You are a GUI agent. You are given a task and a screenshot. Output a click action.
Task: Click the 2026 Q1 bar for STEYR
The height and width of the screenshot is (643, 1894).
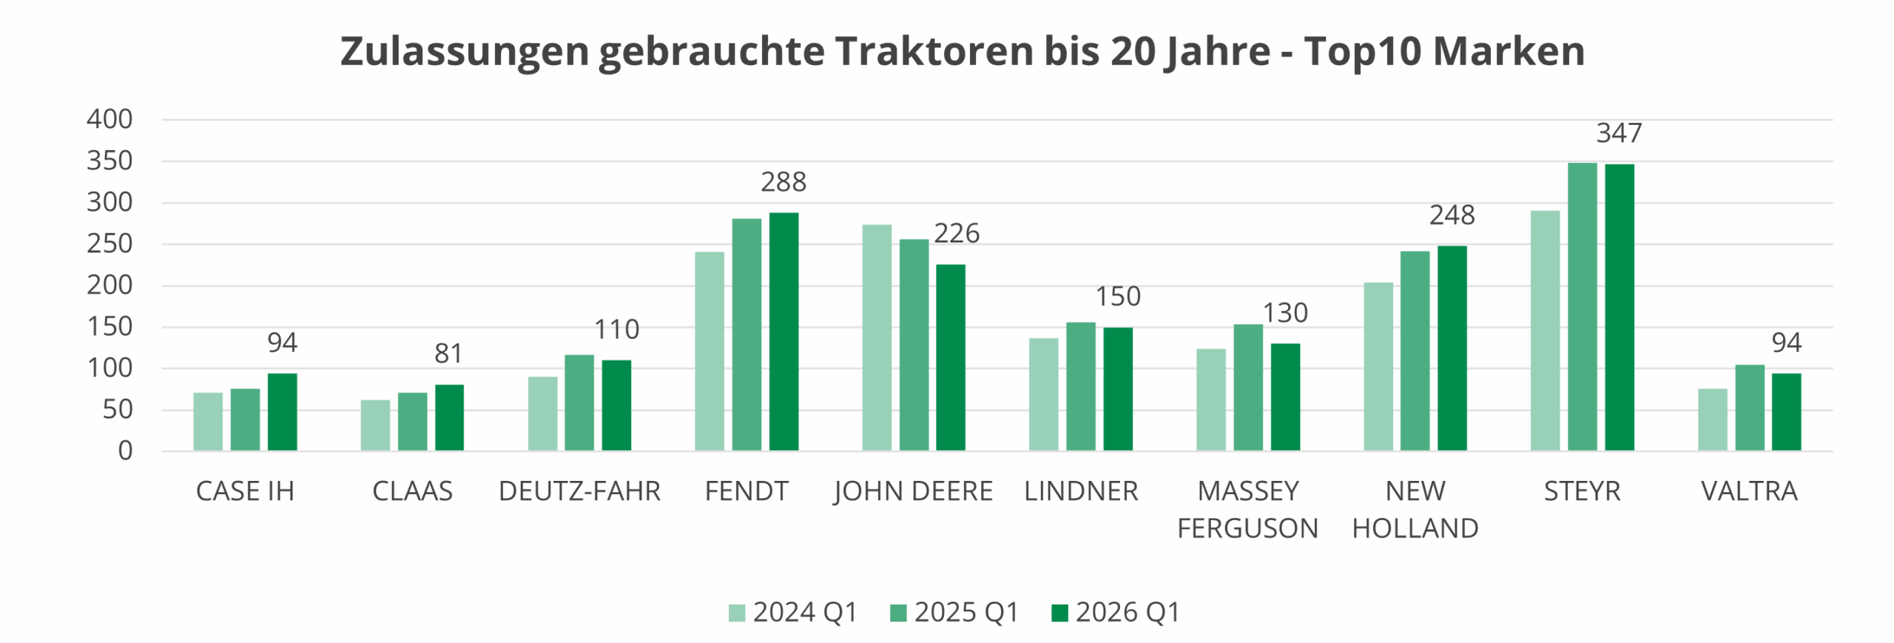click(1619, 307)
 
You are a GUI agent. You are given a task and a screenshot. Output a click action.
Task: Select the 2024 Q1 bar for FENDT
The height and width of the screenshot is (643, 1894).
click(710, 351)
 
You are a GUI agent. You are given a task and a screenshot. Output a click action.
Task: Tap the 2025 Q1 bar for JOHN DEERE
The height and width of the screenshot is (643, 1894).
click(914, 345)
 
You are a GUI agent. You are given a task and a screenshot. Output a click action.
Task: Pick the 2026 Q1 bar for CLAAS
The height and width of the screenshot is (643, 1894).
click(449, 417)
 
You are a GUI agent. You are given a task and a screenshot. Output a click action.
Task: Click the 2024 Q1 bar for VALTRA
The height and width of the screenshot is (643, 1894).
click(1712, 420)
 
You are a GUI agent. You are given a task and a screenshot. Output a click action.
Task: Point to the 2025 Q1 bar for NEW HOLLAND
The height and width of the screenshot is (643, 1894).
click(1415, 351)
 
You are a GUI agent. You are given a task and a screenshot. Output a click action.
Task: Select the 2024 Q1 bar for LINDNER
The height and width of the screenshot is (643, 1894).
click(1043, 394)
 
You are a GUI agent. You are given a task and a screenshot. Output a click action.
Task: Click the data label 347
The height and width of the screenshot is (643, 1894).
click(1619, 133)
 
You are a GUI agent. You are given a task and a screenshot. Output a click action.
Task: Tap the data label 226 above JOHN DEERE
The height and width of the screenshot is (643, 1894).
click(956, 234)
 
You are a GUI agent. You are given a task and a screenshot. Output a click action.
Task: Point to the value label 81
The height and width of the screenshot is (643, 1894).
click(448, 354)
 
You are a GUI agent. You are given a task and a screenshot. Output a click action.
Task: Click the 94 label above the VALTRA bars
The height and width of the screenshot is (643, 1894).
click(1786, 343)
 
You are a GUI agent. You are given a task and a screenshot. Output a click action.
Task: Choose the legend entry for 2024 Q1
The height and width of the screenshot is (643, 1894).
click(792, 613)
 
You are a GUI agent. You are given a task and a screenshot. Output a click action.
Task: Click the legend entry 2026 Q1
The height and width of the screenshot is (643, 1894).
click(1116, 613)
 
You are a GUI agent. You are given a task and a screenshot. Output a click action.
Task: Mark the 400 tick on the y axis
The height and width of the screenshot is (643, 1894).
click(109, 119)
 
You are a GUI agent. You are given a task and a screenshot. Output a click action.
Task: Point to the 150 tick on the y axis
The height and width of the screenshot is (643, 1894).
click(109, 327)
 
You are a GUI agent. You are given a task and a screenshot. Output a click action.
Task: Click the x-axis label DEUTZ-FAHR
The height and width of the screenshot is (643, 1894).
click(579, 491)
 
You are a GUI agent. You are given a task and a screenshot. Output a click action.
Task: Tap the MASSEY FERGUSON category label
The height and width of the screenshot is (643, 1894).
click(1247, 510)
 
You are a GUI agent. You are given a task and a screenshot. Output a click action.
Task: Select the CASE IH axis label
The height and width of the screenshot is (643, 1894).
click(245, 491)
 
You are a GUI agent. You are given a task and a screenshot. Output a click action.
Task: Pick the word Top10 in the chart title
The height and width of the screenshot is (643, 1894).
click(1361, 52)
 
